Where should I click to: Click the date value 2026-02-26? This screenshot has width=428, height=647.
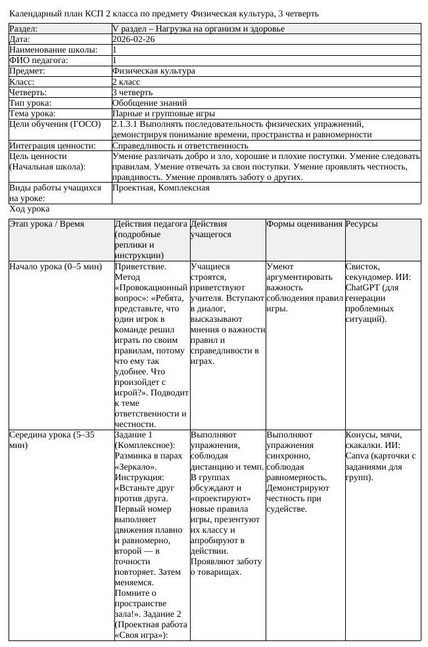[133, 39]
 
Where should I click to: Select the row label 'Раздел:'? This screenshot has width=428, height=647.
[24, 29]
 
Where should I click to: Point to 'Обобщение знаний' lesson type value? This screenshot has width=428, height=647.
[149, 103]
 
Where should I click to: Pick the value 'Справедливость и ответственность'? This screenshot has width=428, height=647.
[180, 145]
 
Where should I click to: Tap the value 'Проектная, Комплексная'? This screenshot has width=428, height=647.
[161, 188]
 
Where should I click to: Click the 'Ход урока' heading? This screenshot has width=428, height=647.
[29, 209]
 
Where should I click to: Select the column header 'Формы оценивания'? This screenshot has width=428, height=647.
[304, 224]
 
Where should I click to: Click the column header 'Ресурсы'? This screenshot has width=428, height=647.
[362, 224]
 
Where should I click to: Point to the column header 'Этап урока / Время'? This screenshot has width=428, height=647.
[47, 224]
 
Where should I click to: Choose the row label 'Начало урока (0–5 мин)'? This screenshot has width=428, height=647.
[56, 267]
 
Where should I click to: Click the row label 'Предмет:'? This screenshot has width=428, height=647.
[27, 71]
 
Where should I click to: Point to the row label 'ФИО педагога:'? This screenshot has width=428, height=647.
[39, 60]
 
